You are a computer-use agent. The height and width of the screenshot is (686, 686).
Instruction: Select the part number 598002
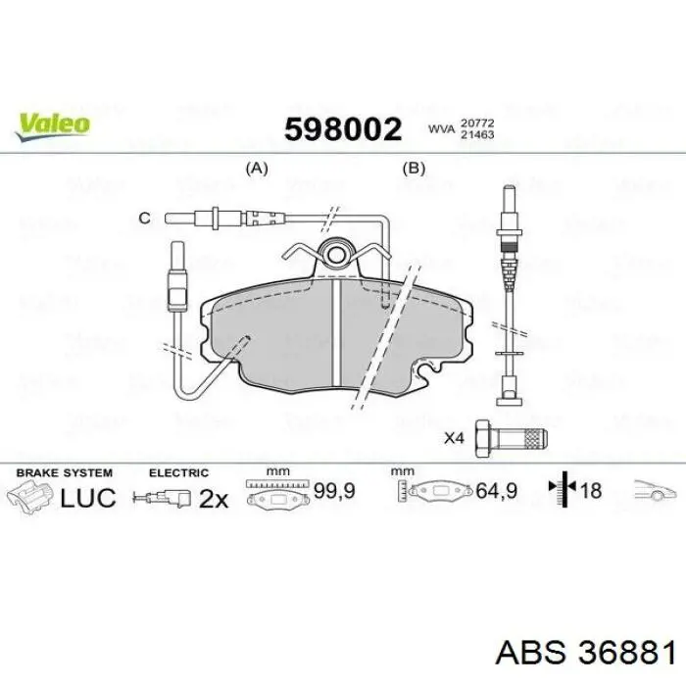[343, 128]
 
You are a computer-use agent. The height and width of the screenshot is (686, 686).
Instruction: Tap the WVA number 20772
[477, 121]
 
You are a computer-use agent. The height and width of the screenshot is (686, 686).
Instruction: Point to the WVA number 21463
[477, 134]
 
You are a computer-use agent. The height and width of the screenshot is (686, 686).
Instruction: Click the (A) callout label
[256, 168]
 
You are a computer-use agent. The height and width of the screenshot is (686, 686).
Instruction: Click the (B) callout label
[415, 168]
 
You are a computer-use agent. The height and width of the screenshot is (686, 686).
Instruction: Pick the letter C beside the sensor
[144, 218]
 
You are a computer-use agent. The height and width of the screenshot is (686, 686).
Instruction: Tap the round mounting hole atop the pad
[337, 255]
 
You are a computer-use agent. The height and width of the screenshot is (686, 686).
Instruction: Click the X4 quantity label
[453, 438]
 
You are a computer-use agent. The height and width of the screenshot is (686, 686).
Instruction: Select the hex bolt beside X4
[510, 438]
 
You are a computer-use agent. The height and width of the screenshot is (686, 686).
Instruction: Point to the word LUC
[88, 498]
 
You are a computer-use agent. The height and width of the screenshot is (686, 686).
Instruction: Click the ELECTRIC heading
[178, 472]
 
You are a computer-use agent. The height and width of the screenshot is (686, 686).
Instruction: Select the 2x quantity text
[213, 499]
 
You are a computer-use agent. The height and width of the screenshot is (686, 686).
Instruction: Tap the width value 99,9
[332, 491]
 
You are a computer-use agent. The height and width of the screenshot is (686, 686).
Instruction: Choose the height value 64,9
[495, 491]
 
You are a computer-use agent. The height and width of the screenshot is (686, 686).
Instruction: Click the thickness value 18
[591, 491]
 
